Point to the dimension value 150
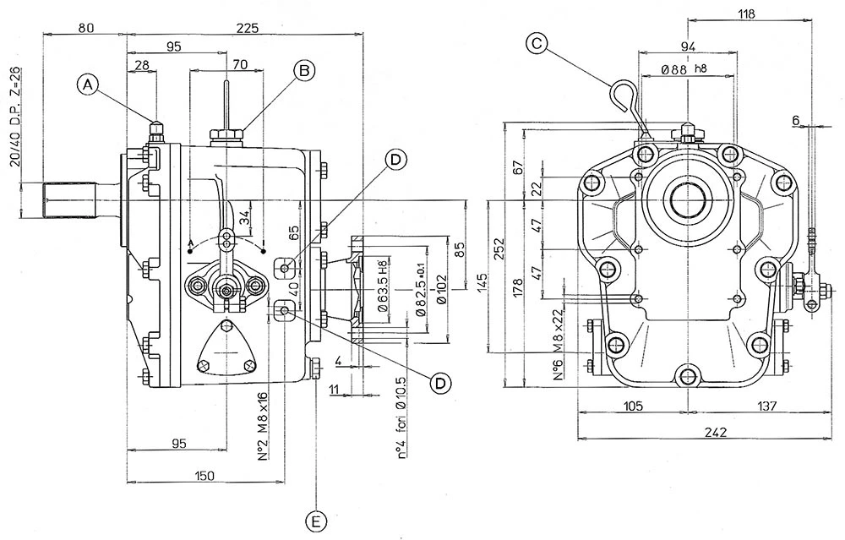(x=204, y=476)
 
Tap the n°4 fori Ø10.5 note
(x=402, y=418)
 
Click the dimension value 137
(x=766, y=406)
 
